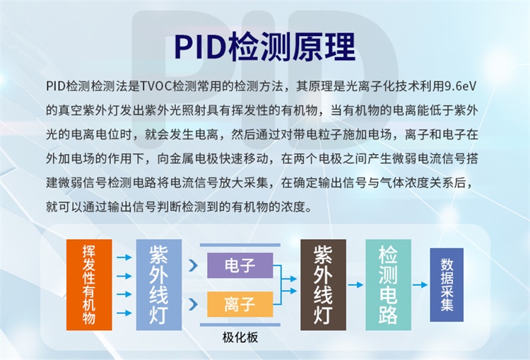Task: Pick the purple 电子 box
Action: click(240, 266)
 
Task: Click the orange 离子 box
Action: click(240, 305)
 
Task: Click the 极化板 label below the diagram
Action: click(240, 337)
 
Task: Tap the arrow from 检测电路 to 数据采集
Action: click(420, 285)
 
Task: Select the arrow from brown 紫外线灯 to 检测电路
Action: click(356, 285)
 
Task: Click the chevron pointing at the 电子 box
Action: click(193, 266)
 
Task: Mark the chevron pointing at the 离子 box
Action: click(193, 305)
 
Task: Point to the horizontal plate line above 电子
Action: click(240, 245)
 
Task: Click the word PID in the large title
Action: click(199, 47)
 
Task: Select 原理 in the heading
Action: click(326, 47)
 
